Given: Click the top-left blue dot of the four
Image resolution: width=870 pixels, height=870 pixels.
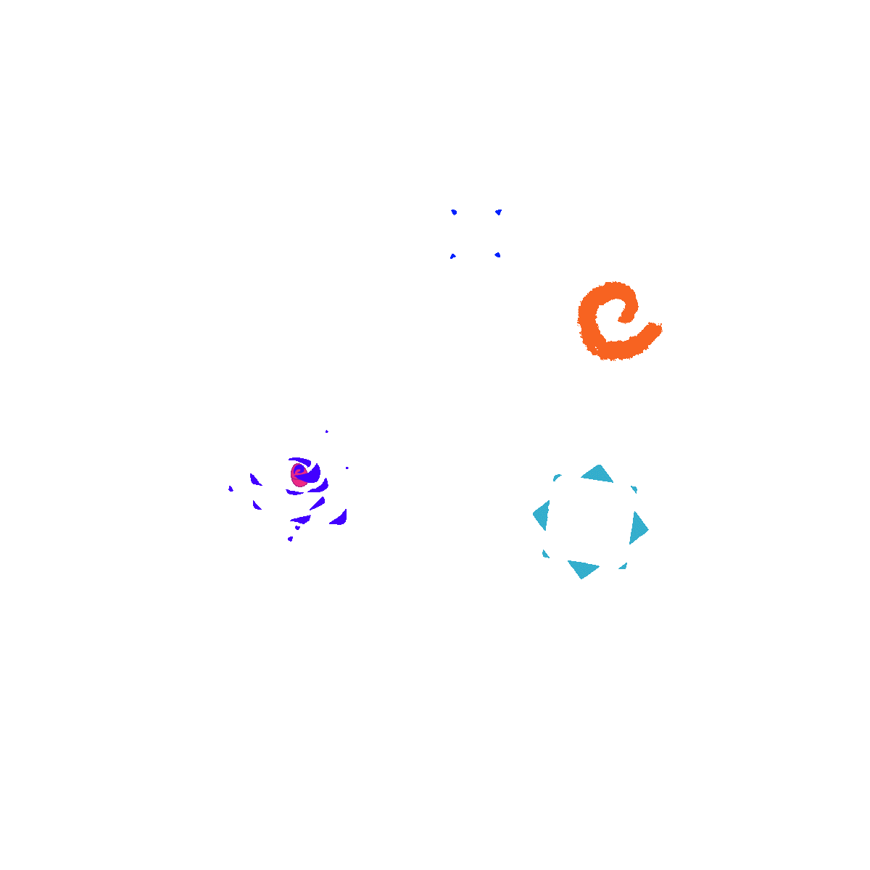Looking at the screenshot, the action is tap(453, 212).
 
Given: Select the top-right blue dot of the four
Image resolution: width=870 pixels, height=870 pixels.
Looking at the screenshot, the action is tap(498, 212).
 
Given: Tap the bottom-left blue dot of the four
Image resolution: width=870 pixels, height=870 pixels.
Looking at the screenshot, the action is tap(452, 256).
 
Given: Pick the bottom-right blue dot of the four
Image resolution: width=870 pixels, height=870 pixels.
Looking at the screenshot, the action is tap(497, 254).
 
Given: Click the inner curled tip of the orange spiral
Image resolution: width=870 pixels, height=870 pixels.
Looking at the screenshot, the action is tap(621, 318).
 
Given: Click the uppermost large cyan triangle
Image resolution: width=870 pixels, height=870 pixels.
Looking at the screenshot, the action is tap(599, 473).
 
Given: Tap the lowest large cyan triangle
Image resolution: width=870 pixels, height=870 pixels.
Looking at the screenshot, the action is tap(582, 568).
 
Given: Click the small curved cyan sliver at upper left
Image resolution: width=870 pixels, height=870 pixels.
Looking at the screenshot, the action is tap(557, 477).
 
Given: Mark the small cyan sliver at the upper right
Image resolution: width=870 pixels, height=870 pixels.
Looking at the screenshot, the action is tap(634, 489).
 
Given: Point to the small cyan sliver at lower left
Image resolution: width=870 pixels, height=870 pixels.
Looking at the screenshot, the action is tap(545, 555).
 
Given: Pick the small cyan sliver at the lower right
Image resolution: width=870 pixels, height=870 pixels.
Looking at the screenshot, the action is tap(623, 566).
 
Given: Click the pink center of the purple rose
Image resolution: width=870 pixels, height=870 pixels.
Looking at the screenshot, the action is tap(297, 476).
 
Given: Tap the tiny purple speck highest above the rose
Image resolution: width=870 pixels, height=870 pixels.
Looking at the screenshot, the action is tap(326, 431).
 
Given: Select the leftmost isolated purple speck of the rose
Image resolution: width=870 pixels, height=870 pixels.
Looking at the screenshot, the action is tap(231, 489).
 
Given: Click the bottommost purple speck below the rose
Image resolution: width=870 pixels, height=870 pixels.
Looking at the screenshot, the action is tap(290, 539).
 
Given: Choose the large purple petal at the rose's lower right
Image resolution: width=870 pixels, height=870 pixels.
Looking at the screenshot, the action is tap(339, 518).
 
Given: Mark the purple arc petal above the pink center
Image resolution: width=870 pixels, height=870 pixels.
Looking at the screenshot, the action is tap(299, 460).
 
